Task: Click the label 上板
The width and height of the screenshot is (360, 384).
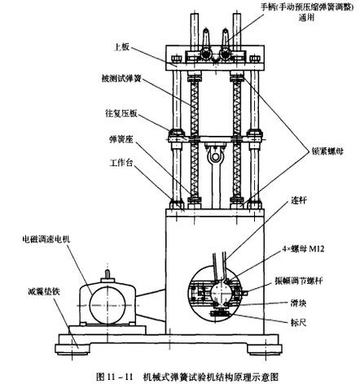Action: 121,47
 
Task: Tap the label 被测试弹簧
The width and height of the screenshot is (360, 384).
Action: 121,79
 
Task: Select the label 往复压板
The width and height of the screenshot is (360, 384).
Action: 121,113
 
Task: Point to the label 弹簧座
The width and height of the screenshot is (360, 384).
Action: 121,140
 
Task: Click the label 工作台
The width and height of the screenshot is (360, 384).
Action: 121,163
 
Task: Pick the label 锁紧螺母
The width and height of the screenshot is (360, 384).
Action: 327,151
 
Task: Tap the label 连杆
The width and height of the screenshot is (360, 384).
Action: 299,200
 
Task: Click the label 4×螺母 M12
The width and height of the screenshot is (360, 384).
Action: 303,249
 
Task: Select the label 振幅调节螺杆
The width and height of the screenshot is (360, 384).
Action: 299,281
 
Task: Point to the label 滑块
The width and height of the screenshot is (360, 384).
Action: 299,303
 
